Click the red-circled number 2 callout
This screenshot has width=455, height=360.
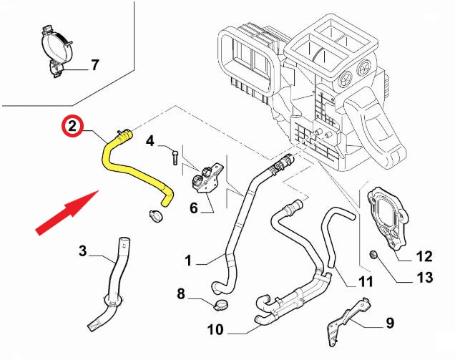tap(71, 127)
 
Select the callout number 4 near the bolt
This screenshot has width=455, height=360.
tap(150, 141)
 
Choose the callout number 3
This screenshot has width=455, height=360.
tap(82, 251)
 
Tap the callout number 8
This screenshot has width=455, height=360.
tap(181, 293)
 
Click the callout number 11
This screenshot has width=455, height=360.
tap(366, 281)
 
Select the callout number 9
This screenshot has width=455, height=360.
tap(390, 323)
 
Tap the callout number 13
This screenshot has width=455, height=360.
tap(424, 277)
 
